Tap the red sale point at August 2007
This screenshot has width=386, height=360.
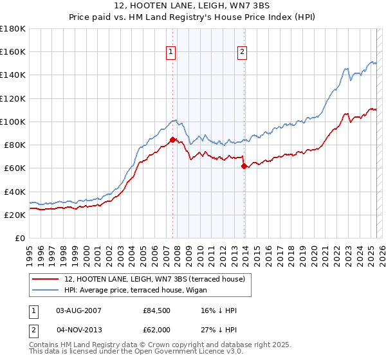point(172,139)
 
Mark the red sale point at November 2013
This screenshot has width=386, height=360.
point(244,166)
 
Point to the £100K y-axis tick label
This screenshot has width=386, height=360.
point(14,122)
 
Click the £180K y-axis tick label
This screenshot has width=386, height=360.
point(14,28)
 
